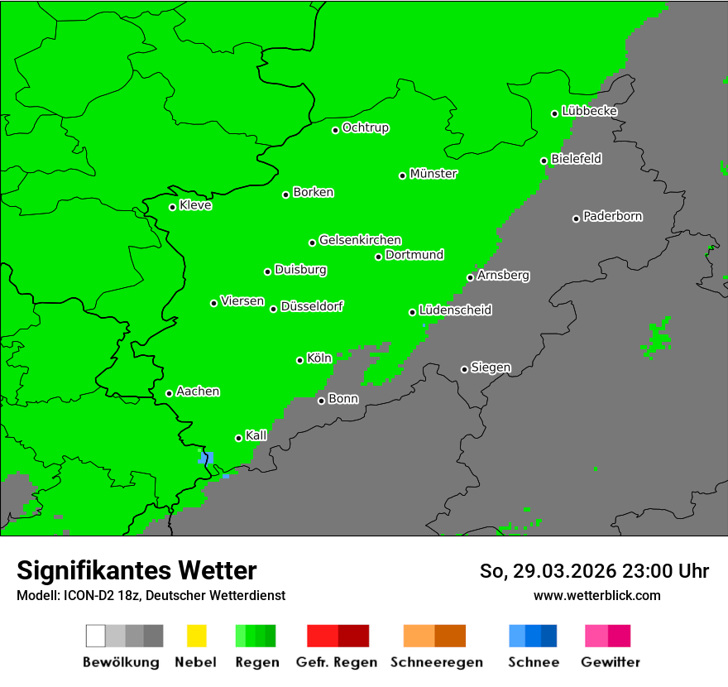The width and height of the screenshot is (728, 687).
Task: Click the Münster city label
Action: pos(433,174)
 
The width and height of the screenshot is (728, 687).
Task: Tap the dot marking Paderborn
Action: pos(576,219)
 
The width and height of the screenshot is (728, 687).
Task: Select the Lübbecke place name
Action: pos(589,111)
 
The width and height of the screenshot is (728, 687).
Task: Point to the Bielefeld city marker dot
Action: pos(544,161)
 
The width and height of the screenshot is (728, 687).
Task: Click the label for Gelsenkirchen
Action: pos(360,240)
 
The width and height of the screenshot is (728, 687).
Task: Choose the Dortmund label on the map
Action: pos(414,255)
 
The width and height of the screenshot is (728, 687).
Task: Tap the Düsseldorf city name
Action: pos(312,306)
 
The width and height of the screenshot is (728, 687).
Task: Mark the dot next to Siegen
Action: pos(464,369)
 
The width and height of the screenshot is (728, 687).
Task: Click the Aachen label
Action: pos(198,392)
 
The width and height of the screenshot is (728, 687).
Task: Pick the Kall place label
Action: pos(256,435)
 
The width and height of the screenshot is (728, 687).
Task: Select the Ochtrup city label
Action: pos(366,128)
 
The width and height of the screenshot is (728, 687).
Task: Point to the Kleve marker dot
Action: pos(172,207)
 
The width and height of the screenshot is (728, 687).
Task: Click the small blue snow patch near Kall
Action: pos(206,457)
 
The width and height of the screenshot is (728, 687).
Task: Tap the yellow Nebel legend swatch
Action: pos(196,636)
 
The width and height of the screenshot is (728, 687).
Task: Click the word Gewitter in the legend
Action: pos(611,662)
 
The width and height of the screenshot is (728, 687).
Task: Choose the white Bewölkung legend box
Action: pos(95,636)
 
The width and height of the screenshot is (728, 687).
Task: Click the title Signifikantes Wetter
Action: pos(136,570)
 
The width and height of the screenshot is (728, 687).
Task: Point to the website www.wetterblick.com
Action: pos(596,595)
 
